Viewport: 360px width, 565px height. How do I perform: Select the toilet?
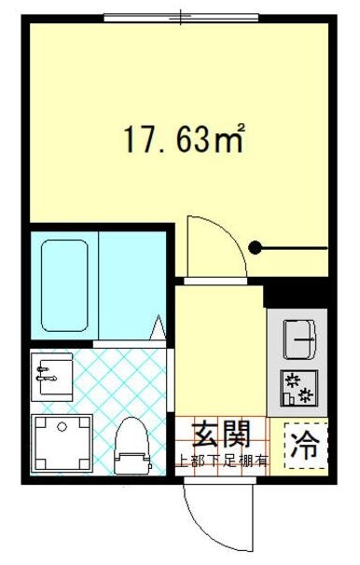pos(132,446)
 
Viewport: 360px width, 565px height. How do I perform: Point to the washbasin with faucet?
pos(52,375)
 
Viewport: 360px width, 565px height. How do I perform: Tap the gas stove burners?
pos(299,387)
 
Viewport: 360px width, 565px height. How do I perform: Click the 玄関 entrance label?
pos(221,434)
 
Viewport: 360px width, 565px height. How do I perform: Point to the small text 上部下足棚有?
pos(222,459)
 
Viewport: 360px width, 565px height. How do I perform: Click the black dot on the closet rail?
pos(256,248)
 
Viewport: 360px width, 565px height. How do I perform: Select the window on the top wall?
pos(181,17)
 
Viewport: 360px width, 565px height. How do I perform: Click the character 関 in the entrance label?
pos(236,434)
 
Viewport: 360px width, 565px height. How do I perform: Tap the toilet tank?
pos(132,461)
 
